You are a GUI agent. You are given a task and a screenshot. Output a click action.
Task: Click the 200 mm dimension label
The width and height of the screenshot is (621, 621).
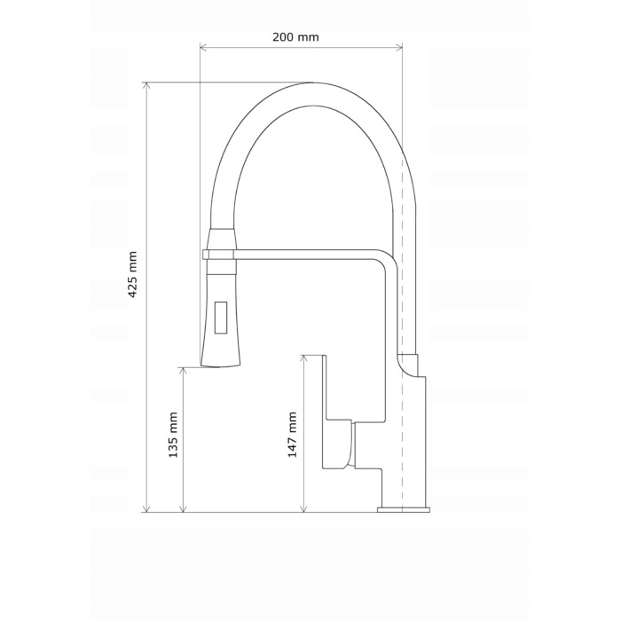pos(295,37)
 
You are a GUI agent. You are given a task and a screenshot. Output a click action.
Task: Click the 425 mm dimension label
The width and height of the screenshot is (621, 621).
pos(132,274)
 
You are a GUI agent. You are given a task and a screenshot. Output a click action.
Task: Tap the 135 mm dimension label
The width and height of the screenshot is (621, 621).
pos(173,435)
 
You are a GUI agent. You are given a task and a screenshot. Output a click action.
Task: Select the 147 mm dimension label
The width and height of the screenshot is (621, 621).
pos(292,435)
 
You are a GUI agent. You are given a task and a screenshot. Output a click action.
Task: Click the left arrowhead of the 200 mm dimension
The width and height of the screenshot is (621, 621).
pos(203,48)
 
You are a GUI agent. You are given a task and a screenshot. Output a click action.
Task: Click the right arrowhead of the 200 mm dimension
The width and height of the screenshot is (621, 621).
pos(398,48)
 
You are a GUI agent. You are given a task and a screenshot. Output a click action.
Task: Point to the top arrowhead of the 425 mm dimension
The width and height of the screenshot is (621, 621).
pos(147,86)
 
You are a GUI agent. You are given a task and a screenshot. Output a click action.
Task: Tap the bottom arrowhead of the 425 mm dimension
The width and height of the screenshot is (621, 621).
pos(147,508)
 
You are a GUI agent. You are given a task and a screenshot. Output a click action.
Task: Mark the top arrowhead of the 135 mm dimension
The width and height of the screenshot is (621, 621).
pos(183,371)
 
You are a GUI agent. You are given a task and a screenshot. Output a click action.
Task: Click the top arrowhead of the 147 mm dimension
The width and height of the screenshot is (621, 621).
pos(303,358)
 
